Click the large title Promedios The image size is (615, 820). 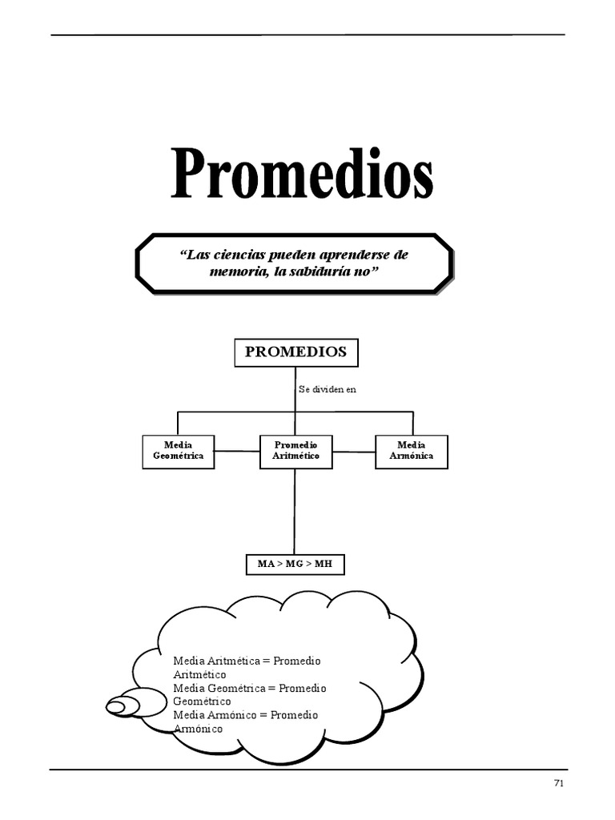(302, 175)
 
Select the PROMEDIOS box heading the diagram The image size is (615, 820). (295, 352)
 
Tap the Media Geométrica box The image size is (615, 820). (178, 451)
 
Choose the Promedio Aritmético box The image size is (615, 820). (295, 451)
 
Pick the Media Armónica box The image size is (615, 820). (411, 451)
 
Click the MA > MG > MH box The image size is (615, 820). (294, 565)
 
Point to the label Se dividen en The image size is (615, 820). (327, 389)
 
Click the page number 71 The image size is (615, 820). (559, 783)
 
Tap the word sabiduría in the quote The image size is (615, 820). (319, 271)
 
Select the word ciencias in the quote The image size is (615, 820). (236, 255)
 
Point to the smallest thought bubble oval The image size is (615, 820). (115, 706)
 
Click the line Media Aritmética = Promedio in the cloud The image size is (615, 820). (247, 661)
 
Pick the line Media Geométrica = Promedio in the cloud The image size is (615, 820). (249, 688)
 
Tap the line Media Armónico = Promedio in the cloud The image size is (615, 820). (245, 715)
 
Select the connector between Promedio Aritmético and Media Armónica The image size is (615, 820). (354, 451)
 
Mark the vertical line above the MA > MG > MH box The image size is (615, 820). (295, 512)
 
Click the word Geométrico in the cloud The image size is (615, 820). (202, 701)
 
